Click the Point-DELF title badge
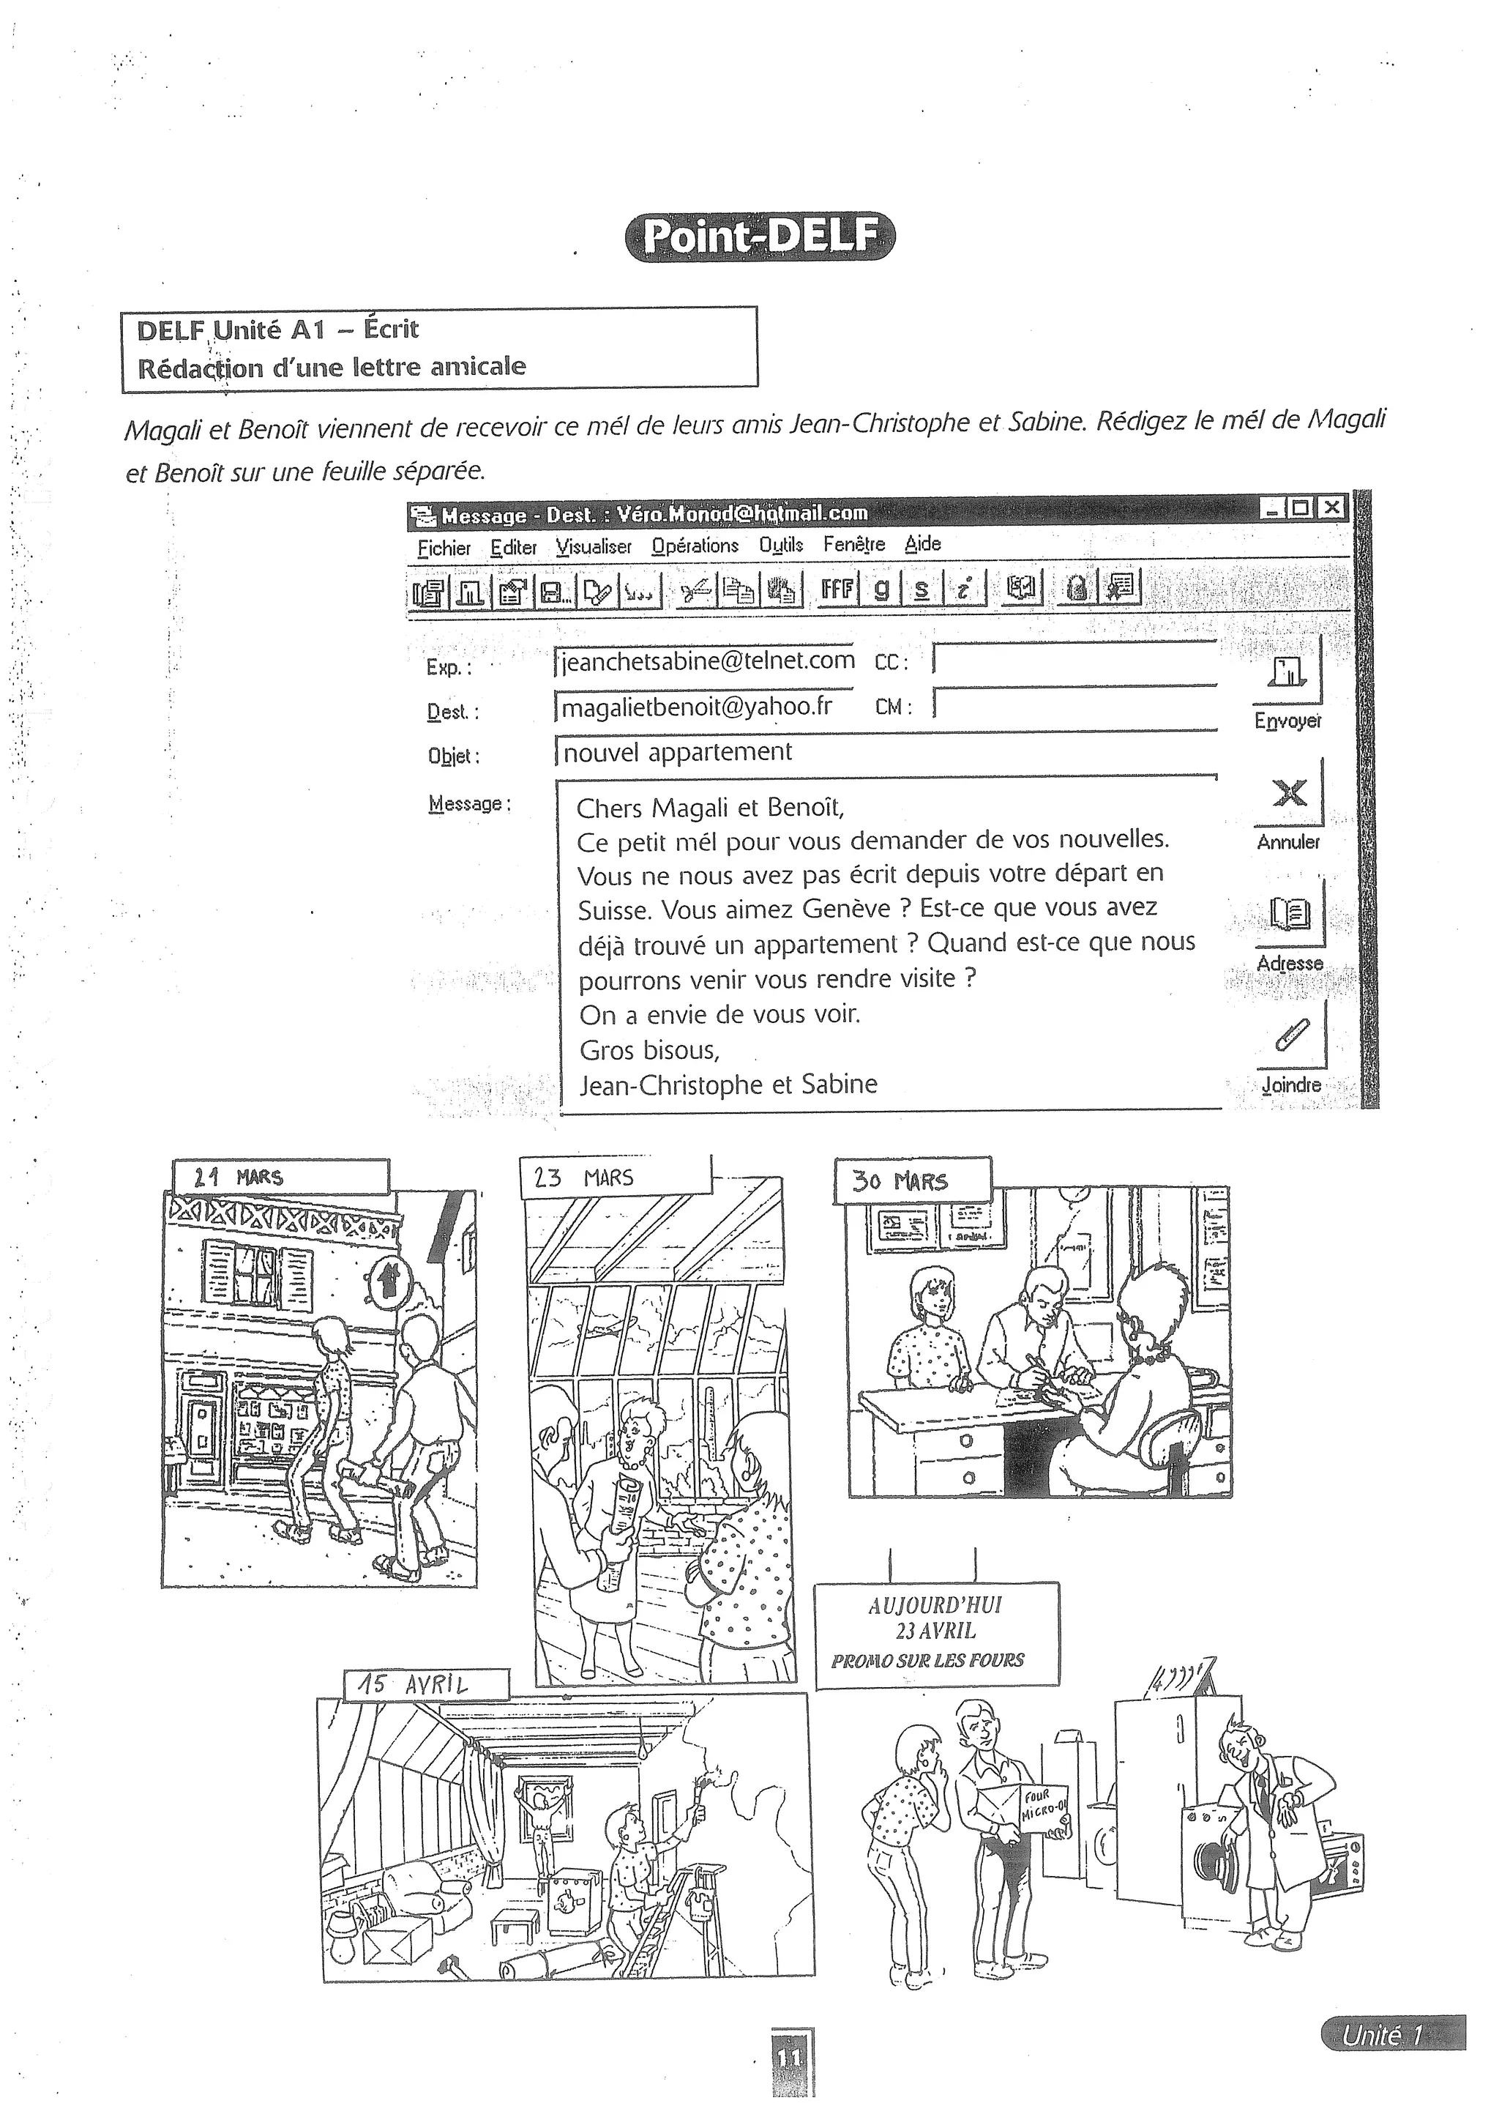[x=759, y=237]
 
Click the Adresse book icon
[x=1290, y=914]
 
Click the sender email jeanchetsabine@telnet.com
[x=707, y=661]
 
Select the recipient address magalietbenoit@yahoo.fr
[x=697, y=707]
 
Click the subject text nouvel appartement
[x=676, y=751]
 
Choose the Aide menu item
[x=922, y=544]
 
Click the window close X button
[x=1330, y=507]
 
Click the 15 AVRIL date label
[x=414, y=1684]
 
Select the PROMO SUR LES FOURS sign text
[x=927, y=1660]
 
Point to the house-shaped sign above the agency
[x=388, y=1281]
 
